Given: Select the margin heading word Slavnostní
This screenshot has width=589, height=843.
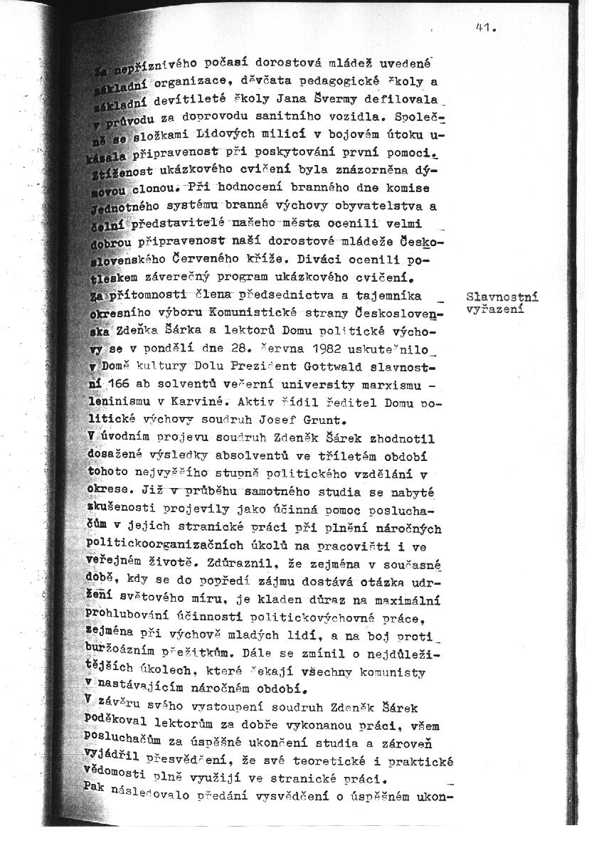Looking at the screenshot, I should click(502, 297).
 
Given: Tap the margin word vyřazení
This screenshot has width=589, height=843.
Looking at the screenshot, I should click(496, 309).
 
